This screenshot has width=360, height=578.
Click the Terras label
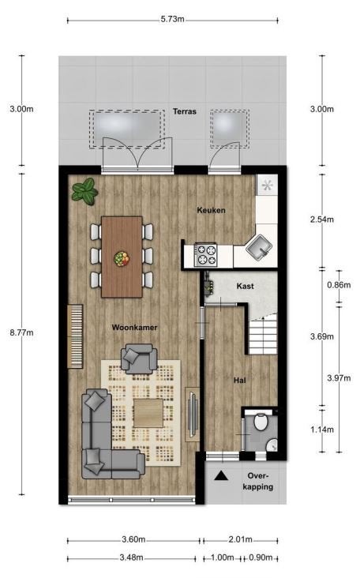pos(185,111)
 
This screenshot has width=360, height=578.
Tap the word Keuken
pos(211,210)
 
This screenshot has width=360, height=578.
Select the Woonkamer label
pos(134,328)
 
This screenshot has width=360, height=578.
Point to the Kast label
pos(246,286)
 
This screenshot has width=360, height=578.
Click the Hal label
pos(240,380)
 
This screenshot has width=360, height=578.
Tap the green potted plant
pos(84,190)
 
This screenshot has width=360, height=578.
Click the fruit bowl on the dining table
pos(122,258)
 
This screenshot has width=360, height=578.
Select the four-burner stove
pos(206,255)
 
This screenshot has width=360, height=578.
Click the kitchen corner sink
pos(259,246)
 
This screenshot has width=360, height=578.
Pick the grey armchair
pos(139,358)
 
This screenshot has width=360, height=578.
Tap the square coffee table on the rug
pos(148,413)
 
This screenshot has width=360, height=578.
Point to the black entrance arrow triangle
pos(221,475)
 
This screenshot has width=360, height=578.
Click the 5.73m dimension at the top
pos(172,19)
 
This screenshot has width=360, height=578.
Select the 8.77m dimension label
pos(22,332)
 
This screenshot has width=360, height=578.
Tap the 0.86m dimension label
pos(339,284)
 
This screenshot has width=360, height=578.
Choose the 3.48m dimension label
pos(132,557)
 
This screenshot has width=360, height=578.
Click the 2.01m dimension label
pos(240,539)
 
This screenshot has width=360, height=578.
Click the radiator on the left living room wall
pos(75,336)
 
